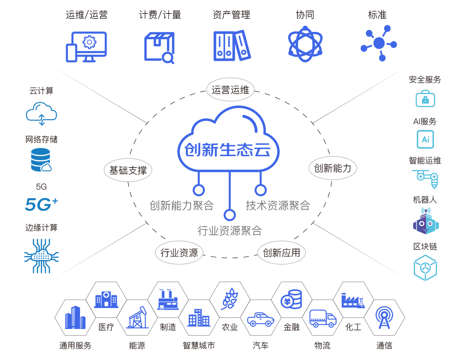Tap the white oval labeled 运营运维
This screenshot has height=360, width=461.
(x=230, y=90)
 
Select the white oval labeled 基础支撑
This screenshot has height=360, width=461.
(x=128, y=171)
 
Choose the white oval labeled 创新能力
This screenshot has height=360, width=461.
(x=332, y=168)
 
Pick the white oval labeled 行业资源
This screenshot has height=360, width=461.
(x=179, y=252)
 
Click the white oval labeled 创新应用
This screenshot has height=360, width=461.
(x=282, y=252)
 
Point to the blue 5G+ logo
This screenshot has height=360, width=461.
(x=41, y=204)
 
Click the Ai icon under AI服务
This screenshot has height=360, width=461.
(x=425, y=139)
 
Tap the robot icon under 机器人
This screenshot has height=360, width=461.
(x=425, y=221)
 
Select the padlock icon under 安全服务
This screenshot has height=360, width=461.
(x=425, y=99)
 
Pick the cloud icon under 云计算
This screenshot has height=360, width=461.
(x=41, y=112)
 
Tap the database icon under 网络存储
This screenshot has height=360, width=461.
(x=41, y=160)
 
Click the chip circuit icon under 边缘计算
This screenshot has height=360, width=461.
(x=41, y=256)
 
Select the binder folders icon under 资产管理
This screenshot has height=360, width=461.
(x=232, y=45)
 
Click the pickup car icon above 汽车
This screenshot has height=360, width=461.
(x=260, y=319)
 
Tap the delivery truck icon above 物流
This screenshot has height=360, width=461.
(x=322, y=319)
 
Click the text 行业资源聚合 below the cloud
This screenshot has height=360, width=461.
(x=229, y=231)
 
